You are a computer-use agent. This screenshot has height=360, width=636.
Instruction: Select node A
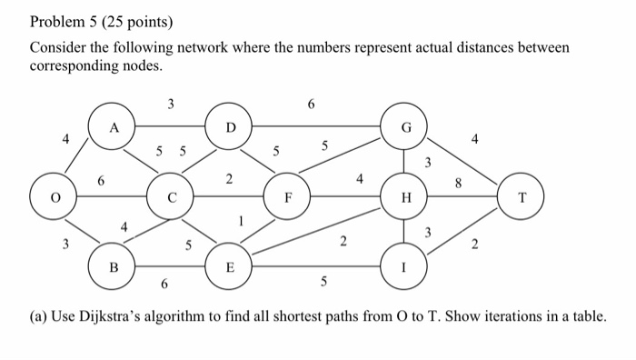pyautogui.click(x=113, y=127)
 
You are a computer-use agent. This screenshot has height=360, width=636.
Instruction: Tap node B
pyautogui.click(x=113, y=267)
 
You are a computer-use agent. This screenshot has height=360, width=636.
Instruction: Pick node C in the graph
pyautogui.click(x=171, y=195)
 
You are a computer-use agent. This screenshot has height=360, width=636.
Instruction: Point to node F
pyautogui.click(x=287, y=195)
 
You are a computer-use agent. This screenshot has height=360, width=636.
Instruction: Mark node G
pyautogui.click(x=406, y=127)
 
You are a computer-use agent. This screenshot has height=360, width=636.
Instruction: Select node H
pyautogui.click(x=406, y=195)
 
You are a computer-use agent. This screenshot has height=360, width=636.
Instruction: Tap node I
pyautogui.click(x=406, y=267)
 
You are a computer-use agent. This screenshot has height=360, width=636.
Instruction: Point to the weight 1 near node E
pyautogui.click(x=241, y=219)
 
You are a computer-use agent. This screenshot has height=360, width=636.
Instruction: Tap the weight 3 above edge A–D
pyautogui.click(x=170, y=104)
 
